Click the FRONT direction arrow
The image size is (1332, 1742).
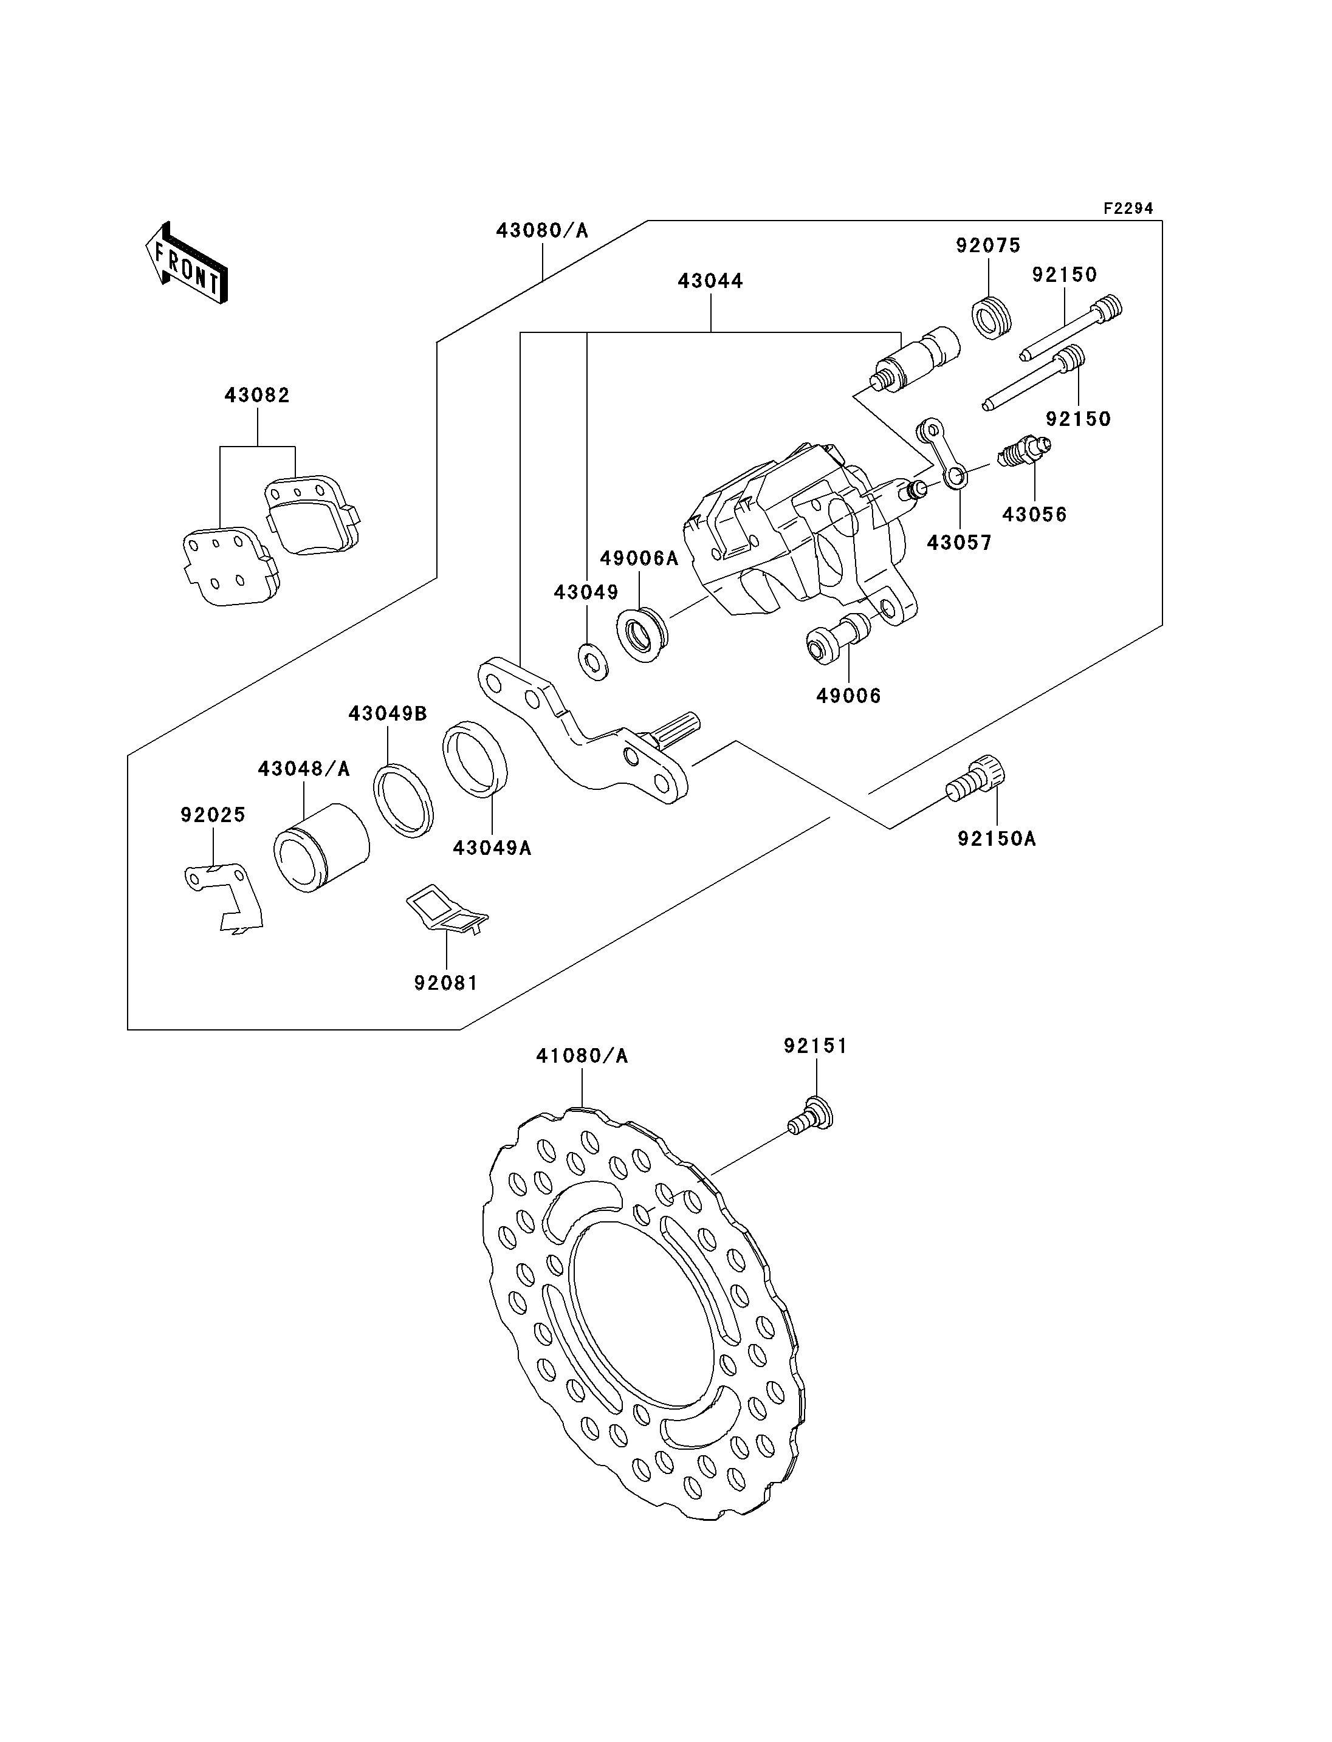click(x=187, y=264)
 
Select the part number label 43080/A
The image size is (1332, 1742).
click(x=542, y=231)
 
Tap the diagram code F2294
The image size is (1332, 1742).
click(x=1128, y=208)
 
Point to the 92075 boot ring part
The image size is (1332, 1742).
click(x=992, y=317)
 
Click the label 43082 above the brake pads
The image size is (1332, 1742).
click(x=257, y=395)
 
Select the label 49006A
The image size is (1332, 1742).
click(x=639, y=558)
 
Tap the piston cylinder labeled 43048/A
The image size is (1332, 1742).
click(x=320, y=848)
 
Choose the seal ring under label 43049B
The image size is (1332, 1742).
click(x=403, y=801)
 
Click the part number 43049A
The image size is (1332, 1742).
click(x=492, y=848)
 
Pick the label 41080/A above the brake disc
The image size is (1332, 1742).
click(x=582, y=1056)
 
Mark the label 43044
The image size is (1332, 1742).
click(x=710, y=281)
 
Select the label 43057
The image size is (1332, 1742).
click(x=960, y=543)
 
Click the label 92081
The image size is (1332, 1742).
click(x=447, y=983)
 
